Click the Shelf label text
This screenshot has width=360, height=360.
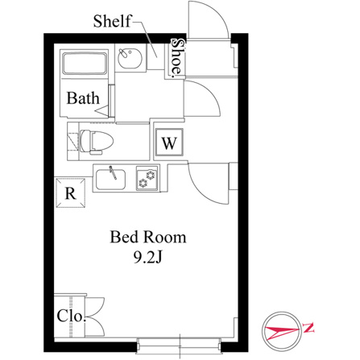click(x=113, y=21)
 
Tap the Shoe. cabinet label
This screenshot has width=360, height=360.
click(x=177, y=58)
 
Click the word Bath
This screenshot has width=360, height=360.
click(x=83, y=97)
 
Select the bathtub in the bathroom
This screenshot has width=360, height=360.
click(x=85, y=64)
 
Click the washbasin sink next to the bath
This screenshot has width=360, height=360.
click(x=130, y=58)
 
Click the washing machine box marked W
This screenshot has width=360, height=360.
click(x=169, y=143)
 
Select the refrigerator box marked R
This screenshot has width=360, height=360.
click(x=71, y=193)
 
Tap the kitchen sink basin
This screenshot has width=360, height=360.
click(x=110, y=180)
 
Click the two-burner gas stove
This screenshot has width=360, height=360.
click(x=147, y=178)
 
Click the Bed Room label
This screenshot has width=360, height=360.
click(x=148, y=237)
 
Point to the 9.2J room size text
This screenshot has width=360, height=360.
click(x=148, y=257)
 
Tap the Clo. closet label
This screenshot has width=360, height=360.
click(x=71, y=316)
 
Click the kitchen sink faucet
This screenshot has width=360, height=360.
click(x=113, y=172)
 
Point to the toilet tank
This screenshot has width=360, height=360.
click(x=73, y=141)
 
